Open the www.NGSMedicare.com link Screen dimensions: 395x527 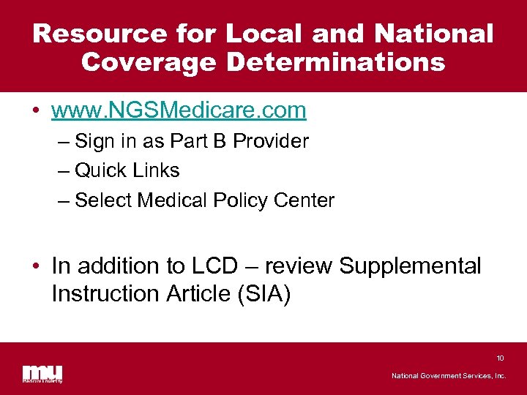click(x=179, y=110)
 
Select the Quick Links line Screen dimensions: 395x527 click(x=127, y=170)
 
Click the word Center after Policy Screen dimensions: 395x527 click(x=307, y=200)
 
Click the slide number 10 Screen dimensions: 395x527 click(x=500, y=358)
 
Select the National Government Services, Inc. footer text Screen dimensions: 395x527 click(x=449, y=376)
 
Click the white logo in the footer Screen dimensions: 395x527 click(x=42, y=373)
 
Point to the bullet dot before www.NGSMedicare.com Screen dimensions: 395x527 click(x=36, y=112)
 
